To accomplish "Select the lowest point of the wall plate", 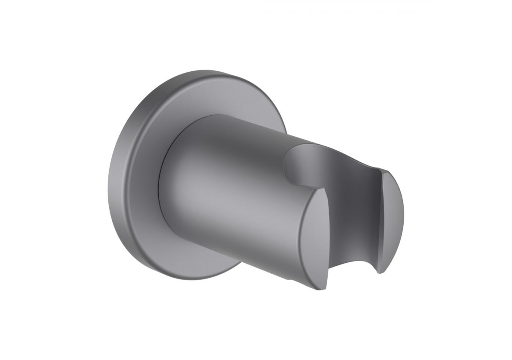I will click(x=192, y=280).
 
